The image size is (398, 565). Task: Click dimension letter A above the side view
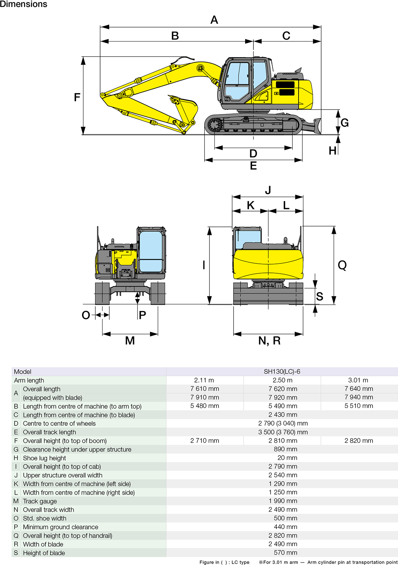(214, 20)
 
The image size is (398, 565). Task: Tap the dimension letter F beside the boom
(77, 97)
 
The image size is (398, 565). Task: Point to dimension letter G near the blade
(344, 123)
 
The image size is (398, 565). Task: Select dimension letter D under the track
(253, 154)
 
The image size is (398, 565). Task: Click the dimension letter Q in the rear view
(342, 265)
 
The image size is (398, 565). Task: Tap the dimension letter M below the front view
(130, 341)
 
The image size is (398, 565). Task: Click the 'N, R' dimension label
(269, 341)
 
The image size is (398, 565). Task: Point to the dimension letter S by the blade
(319, 297)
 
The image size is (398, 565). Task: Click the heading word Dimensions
(23, 4)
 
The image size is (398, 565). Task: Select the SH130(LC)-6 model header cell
(282, 372)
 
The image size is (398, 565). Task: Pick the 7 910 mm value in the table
(205, 397)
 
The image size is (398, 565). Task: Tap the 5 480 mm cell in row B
(205, 406)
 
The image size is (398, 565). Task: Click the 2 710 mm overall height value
(205, 441)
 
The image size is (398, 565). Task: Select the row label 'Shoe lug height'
(44, 458)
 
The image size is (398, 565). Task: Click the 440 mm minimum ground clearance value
(285, 527)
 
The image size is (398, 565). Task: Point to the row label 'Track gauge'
(40, 501)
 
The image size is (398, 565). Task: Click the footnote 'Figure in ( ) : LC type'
(224, 562)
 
